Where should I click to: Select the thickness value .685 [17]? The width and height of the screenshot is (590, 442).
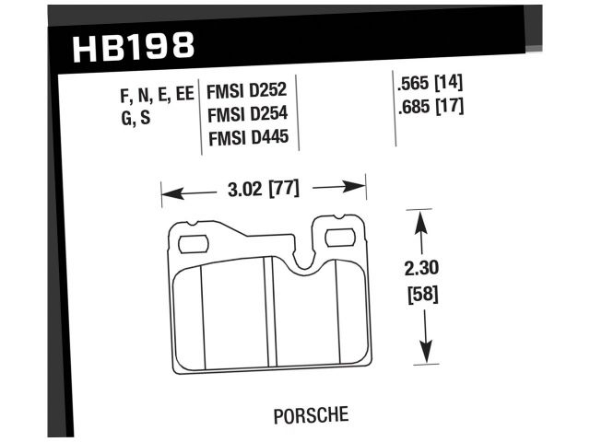(x=427, y=105)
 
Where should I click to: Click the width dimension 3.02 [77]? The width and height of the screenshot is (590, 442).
(x=264, y=189)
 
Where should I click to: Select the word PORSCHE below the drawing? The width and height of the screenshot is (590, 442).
(x=310, y=413)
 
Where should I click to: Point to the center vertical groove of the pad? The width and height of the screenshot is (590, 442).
(x=266, y=313)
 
